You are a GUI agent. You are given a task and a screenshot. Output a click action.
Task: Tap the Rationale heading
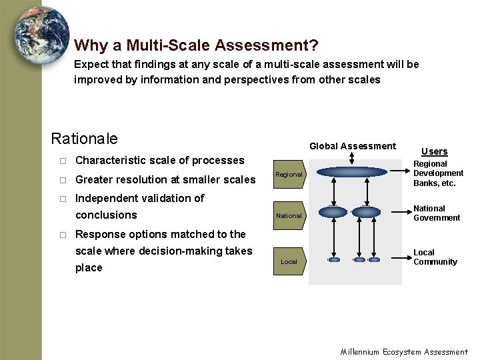[84, 139]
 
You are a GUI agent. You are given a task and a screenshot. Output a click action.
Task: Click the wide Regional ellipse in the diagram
[352, 172]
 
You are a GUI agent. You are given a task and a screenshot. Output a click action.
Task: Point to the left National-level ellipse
[333, 212]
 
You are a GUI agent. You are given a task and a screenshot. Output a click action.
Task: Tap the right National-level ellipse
[365, 212]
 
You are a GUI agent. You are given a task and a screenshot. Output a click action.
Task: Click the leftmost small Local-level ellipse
[335, 259]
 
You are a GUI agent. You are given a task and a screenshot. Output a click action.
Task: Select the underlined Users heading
[434, 151]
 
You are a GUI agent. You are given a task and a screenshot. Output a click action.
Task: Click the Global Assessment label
[353, 146]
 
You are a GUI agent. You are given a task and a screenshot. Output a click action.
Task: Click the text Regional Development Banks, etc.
[438, 173]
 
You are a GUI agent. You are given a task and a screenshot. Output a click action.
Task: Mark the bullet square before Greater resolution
[62, 179]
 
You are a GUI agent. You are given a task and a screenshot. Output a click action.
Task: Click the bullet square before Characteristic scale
[62, 161]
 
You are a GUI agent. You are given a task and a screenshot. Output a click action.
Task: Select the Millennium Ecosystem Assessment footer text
[404, 351]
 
